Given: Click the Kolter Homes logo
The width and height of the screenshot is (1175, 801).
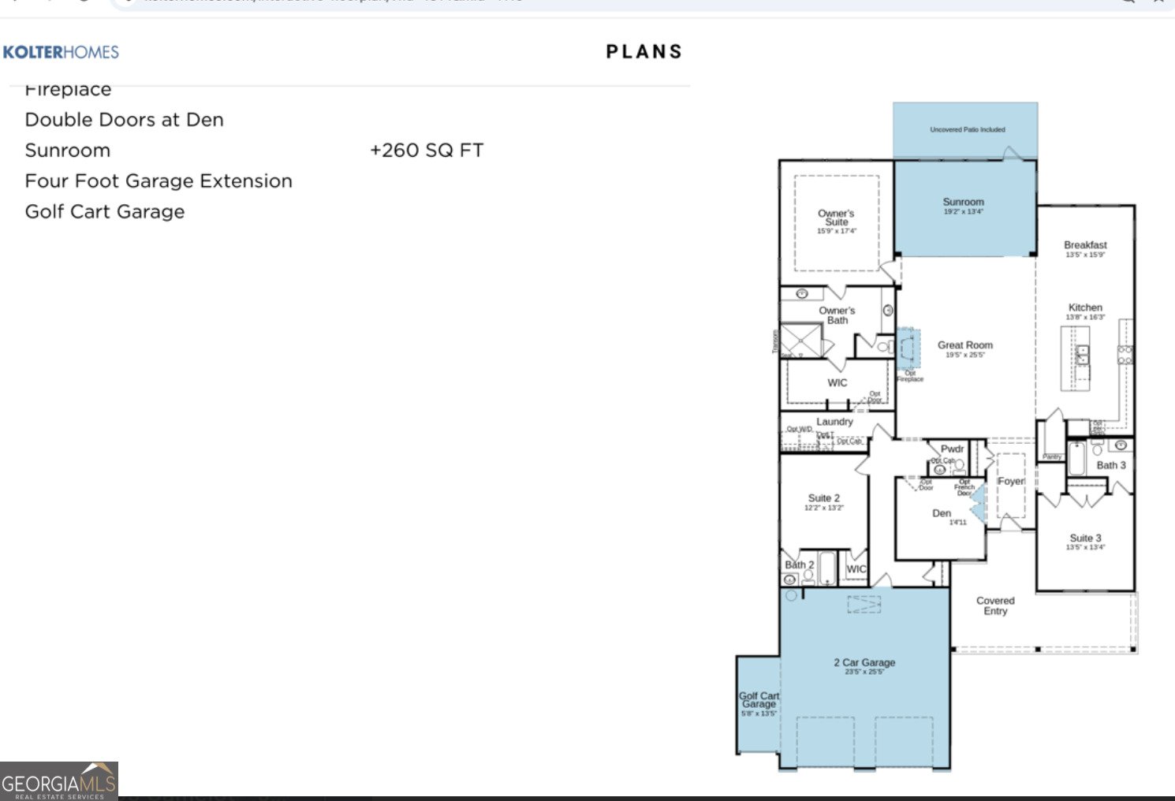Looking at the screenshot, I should (x=61, y=53).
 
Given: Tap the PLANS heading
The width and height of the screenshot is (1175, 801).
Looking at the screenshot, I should (x=643, y=52).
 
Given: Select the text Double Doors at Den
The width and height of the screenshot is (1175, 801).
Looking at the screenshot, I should (x=124, y=120).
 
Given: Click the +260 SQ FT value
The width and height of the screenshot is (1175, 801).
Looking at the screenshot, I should (x=426, y=151).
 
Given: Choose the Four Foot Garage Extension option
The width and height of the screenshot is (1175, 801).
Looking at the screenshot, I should (x=158, y=181).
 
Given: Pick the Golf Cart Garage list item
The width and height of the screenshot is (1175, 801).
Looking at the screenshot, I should (x=104, y=212).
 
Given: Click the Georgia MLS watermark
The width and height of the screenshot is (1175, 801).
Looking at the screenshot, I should (x=59, y=781).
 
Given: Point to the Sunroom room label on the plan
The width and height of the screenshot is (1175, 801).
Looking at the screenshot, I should (x=963, y=203).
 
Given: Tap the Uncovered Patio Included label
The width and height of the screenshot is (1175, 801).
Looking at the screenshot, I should (x=967, y=129).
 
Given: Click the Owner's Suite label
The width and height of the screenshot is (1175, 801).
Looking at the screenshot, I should (x=836, y=218).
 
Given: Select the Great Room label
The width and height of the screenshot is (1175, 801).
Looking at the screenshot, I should (x=964, y=345).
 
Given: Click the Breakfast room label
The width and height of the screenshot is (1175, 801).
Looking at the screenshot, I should (x=1085, y=245).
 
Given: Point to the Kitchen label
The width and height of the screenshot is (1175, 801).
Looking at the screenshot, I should (x=1085, y=307).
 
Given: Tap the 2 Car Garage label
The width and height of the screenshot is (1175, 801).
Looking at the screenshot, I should (x=864, y=663).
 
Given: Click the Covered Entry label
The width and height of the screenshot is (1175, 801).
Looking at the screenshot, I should (x=995, y=605).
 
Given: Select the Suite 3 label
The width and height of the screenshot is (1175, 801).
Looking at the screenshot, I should (x=1085, y=538).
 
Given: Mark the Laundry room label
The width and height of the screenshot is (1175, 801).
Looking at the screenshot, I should (x=834, y=422).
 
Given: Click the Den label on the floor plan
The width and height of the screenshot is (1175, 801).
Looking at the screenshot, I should (x=942, y=513).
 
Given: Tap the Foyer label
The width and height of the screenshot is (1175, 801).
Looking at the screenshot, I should (x=1011, y=481).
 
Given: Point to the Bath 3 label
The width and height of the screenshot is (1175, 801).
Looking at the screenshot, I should (x=1110, y=465).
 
